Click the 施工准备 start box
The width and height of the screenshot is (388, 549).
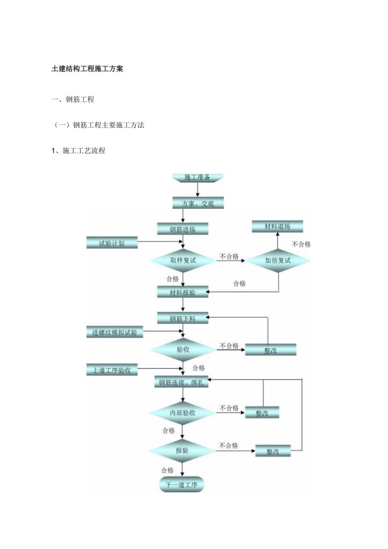tap(197, 177)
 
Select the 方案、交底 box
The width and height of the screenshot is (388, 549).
tap(198, 203)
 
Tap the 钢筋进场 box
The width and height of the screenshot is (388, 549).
tap(183, 229)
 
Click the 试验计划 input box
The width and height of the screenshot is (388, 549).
tap(112, 243)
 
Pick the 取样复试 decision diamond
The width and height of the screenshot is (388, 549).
tap(183, 260)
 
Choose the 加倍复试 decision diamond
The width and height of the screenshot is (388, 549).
tap(278, 260)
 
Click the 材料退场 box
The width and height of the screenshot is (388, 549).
tap(277, 227)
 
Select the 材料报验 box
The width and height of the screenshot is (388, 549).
tap(183, 292)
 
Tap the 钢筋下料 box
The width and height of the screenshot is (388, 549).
tap(183, 318)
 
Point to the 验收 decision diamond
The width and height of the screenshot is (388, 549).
tap(183, 350)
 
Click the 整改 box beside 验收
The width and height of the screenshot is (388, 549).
tap(270, 350)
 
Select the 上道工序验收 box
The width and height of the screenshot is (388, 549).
tap(112, 370)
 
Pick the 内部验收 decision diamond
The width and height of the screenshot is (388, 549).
tap(183, 413)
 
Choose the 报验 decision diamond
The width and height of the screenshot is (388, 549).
tap(183, 451)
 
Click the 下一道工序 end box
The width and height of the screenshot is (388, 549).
tap(182, 485)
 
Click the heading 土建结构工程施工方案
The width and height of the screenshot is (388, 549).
tap(87, 69)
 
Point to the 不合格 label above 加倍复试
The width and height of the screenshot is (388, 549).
tap(301, 244)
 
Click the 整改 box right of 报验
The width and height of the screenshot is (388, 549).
tap(273, 451)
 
